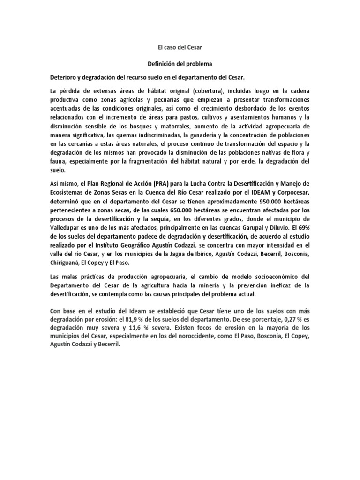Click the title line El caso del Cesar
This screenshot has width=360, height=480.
pyautogui.click(x=180, y=47)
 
